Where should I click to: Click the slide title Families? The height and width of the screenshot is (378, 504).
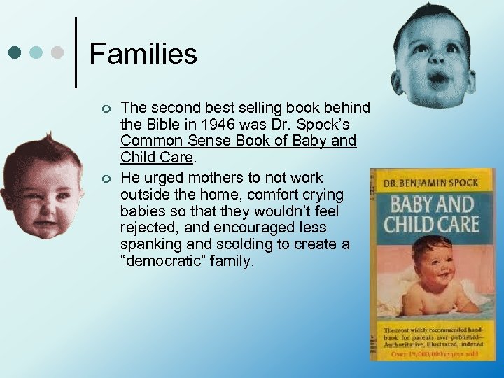tap(143, 52)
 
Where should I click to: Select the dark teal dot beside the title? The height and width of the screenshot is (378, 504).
tap(15, 52)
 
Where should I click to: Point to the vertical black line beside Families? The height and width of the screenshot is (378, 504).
tap(75, 52)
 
